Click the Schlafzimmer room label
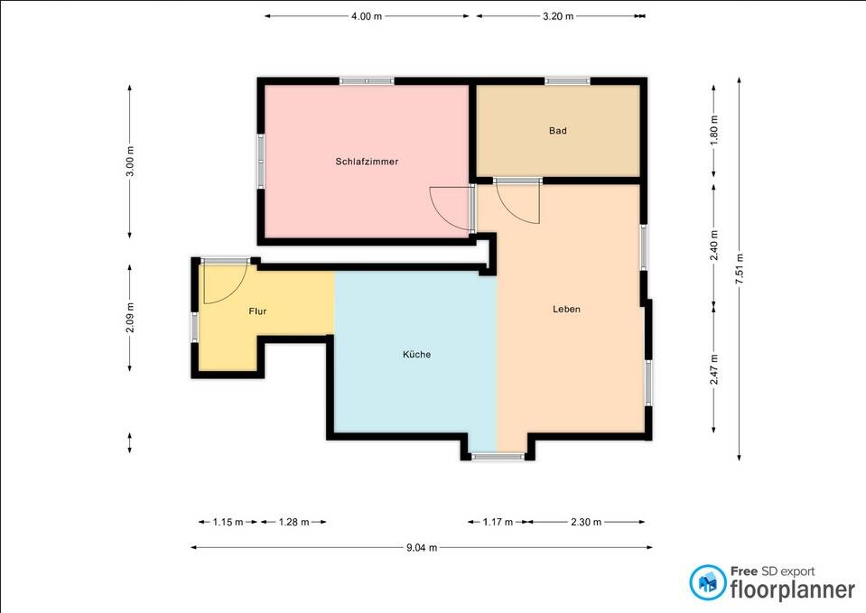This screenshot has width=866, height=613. tap(367, 162)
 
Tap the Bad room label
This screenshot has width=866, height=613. tap(557, 131)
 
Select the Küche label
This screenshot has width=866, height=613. tap(416, 354)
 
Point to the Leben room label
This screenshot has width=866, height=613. tap(566, 309)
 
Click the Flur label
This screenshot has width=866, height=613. tap(257, 311)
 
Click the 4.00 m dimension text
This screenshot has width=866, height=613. tap(366, 16)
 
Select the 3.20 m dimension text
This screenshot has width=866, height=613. tap(558, 16)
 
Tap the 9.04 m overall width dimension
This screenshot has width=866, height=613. tap(422, 547)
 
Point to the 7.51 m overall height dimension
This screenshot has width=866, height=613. tap(740, 269)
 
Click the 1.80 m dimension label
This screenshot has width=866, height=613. tap(713, 130)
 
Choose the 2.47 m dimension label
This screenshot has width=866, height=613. tap(713, 369)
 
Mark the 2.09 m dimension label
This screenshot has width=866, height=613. tap(130, 318)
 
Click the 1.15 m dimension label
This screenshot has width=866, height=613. tap(228, 522)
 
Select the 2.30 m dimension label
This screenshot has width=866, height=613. tap(585, 522)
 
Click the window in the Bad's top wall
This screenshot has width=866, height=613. tap(567, 81)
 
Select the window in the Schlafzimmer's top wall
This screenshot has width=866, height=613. tap(367, 81)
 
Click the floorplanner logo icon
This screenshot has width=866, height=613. tap(707, 582)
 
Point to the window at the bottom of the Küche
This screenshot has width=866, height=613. tap(498, 457)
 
